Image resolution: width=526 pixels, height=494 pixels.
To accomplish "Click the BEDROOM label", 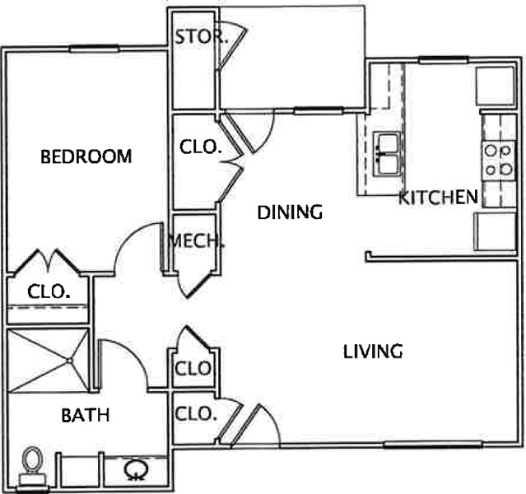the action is [x=86, y=156].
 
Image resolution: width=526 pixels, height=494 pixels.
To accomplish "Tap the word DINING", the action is [x=290, y=212].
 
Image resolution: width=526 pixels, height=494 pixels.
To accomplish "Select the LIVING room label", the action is [x=373, y=352].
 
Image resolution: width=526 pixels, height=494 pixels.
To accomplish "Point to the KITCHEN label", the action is [x=439, y=197].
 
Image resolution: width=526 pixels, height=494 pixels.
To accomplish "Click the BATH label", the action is [x=86, y=415].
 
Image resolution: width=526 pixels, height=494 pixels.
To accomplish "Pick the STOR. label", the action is [x=202, y=36].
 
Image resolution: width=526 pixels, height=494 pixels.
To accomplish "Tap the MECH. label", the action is [x=196, y=240].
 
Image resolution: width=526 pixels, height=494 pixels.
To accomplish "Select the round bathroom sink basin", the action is [x=136, y=468].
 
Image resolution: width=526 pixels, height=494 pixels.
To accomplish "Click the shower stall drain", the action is [x=69, y=361].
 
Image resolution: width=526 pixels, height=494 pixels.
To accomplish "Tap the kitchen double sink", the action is [x=388, y=153].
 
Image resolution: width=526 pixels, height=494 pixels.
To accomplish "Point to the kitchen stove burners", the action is [x=499, y=160].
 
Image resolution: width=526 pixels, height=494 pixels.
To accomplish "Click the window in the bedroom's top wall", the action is [x=95, y=49].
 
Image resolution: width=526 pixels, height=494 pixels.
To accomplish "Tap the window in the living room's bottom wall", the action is [x=433, y=445].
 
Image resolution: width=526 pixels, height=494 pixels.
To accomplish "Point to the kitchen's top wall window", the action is [x=443, y=60].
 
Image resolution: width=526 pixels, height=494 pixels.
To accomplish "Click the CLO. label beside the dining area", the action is [x=201, y=147].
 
